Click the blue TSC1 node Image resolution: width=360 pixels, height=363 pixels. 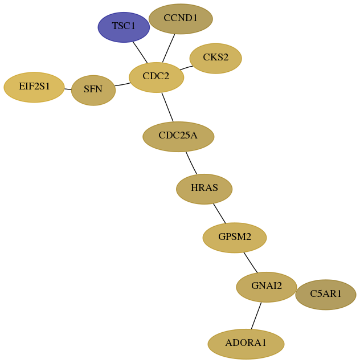[124, 27]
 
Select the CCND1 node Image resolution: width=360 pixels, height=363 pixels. [181, 19]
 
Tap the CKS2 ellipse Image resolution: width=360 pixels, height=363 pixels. [216, 58]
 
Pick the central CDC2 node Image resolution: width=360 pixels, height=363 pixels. [157, 78]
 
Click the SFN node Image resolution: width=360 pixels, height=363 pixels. [93, 90]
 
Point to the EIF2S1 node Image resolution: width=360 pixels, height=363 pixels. [34, 87]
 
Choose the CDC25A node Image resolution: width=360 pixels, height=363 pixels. [178, 137]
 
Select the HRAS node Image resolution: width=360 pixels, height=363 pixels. [204, 189]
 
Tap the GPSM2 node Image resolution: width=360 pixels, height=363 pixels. [235, 238]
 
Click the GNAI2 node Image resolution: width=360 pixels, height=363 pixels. [267, 287]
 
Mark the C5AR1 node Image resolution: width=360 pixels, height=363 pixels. [326, 295]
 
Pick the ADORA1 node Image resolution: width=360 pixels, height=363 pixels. [246, 344]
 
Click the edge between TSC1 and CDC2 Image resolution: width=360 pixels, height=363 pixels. [140, 52]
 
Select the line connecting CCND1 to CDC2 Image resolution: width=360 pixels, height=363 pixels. [169, 48]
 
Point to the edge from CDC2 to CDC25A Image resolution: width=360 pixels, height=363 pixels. [167, 107]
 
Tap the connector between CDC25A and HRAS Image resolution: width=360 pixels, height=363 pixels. [191, 163]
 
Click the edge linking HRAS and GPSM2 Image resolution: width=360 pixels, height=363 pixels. [219, 214]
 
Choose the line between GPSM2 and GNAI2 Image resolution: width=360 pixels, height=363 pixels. [251, 263]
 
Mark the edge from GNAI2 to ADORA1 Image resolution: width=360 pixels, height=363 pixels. [256, 316]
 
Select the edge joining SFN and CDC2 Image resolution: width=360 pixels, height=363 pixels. [122, 84]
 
